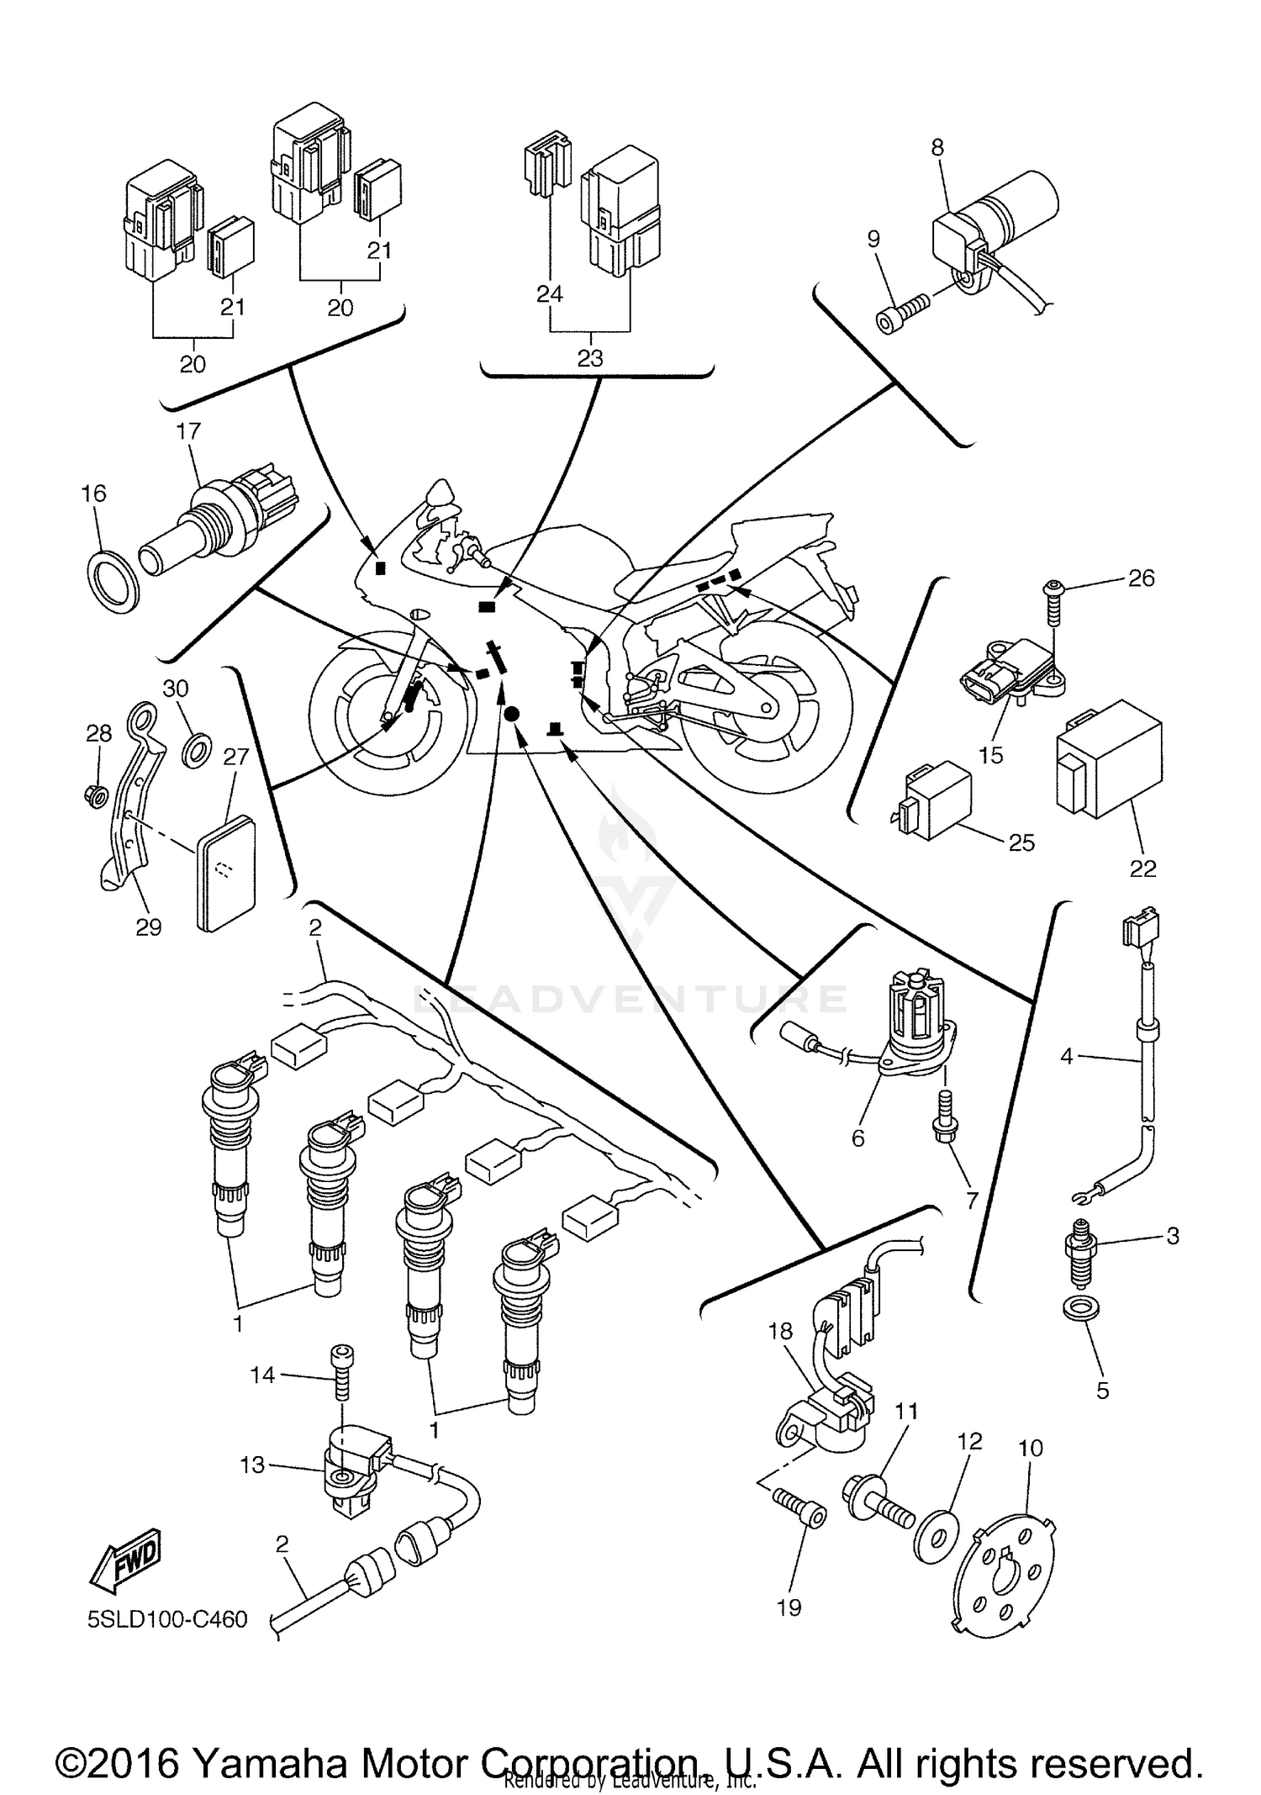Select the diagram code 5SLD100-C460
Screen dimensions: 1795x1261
click(167, 1619)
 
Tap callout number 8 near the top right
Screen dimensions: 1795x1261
click(937, 147)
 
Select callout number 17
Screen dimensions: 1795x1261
click(189, 431)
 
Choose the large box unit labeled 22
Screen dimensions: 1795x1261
click(1110, 757)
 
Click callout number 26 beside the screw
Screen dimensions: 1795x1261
click(1141, 578)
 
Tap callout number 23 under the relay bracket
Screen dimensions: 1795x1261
click(590, 358)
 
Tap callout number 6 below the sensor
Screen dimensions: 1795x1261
click(857, 1138)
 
